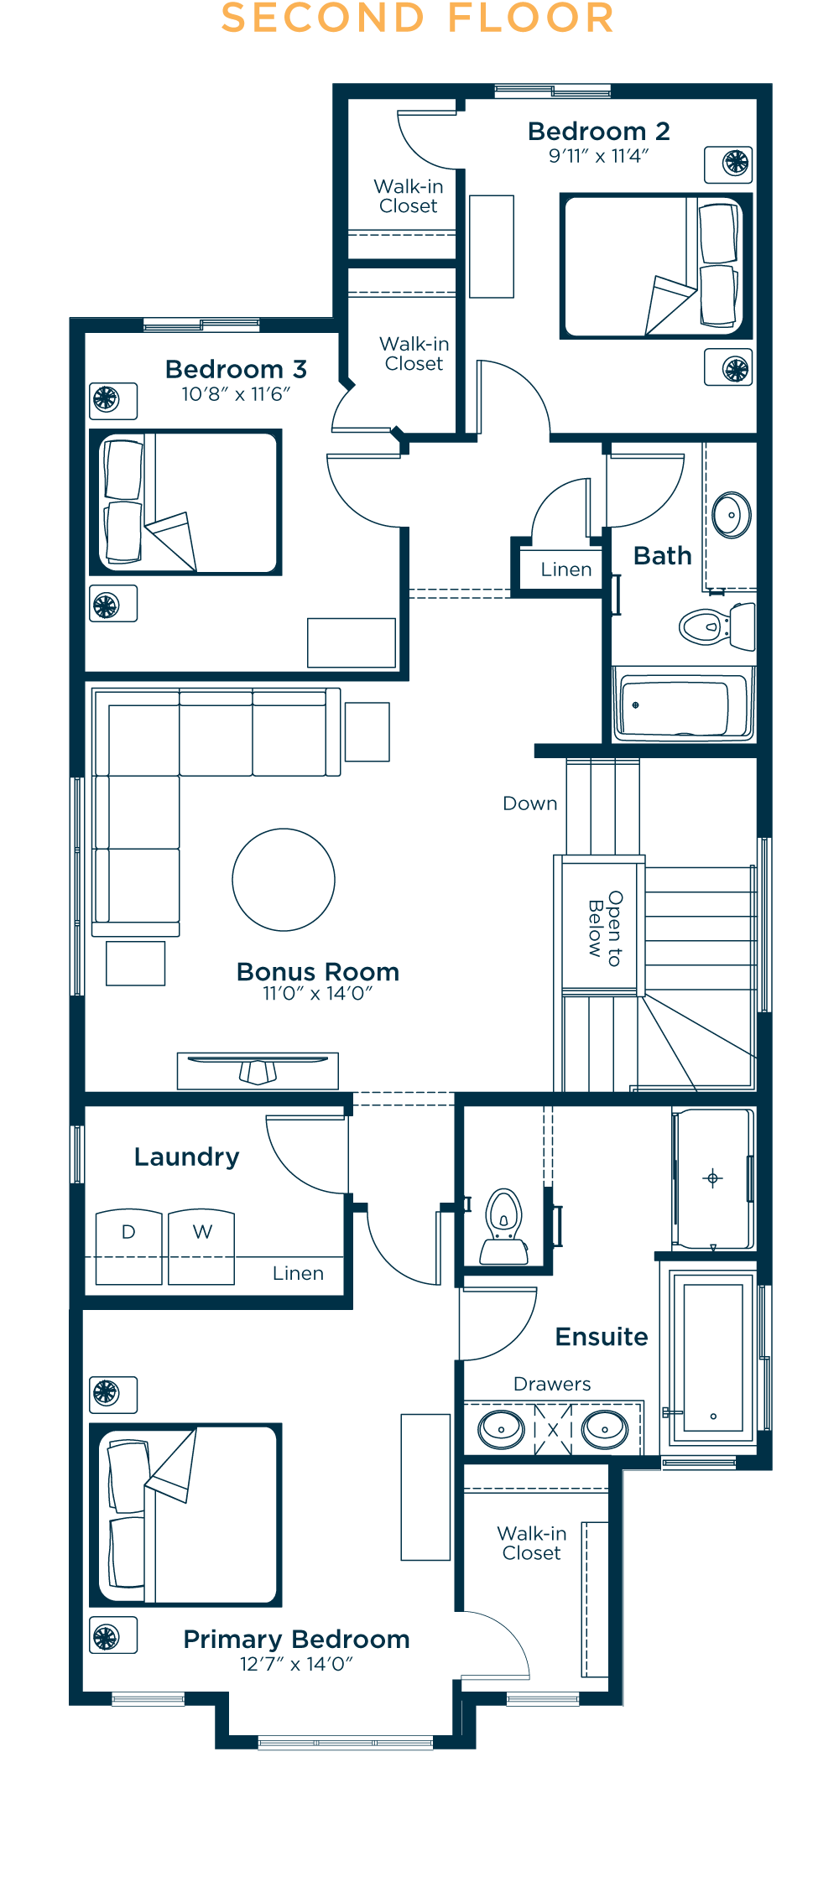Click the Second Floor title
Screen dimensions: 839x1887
click(418, 18)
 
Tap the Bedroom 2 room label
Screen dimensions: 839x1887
click(599, 131)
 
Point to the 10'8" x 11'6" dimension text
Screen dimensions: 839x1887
click(236, 394)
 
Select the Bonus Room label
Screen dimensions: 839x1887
click(318, 971)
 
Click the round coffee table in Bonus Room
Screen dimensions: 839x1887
click(284, 880)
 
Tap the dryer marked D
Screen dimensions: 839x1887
click(128, 1246)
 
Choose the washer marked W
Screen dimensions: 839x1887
click(201, 1246)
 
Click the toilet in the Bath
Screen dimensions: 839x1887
click(717, 626)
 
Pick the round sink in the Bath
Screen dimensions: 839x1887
click(732, 514)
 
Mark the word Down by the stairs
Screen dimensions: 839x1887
click(530, 803)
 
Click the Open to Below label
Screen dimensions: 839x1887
click(605, 928)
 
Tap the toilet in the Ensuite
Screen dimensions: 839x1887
click(504, 1226)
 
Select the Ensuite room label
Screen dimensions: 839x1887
click(602, 1336)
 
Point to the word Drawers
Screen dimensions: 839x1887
click(552, 1384)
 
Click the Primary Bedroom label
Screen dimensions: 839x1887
click(296, 1640)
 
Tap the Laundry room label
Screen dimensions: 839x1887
click(187, 1157)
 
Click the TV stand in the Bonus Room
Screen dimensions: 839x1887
click(258, 1071)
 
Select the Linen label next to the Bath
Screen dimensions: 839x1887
click(566, 569)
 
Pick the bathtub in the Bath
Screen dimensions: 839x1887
click(683, 705)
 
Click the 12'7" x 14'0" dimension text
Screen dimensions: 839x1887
click(296, 1664)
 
